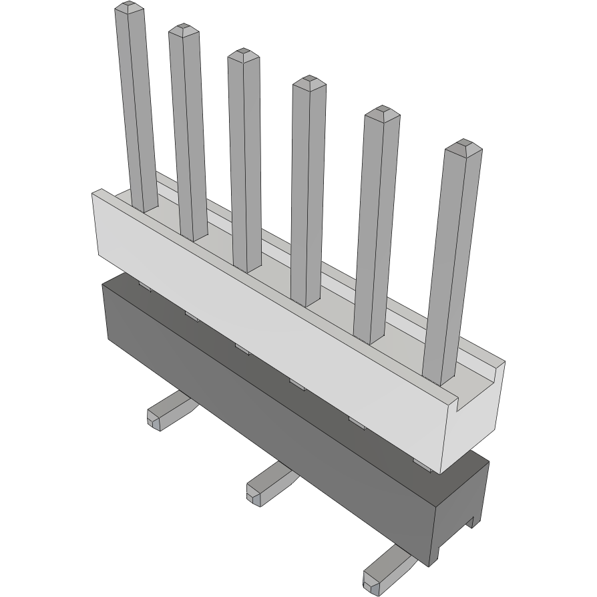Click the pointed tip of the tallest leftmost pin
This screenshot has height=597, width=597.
(130, 8)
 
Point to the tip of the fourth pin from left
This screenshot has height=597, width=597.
(309, 81)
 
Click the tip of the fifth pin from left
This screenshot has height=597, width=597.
(382, 112)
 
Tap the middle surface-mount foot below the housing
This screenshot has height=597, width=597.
(267, 482)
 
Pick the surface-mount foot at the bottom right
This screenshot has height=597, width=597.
(384, 568)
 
